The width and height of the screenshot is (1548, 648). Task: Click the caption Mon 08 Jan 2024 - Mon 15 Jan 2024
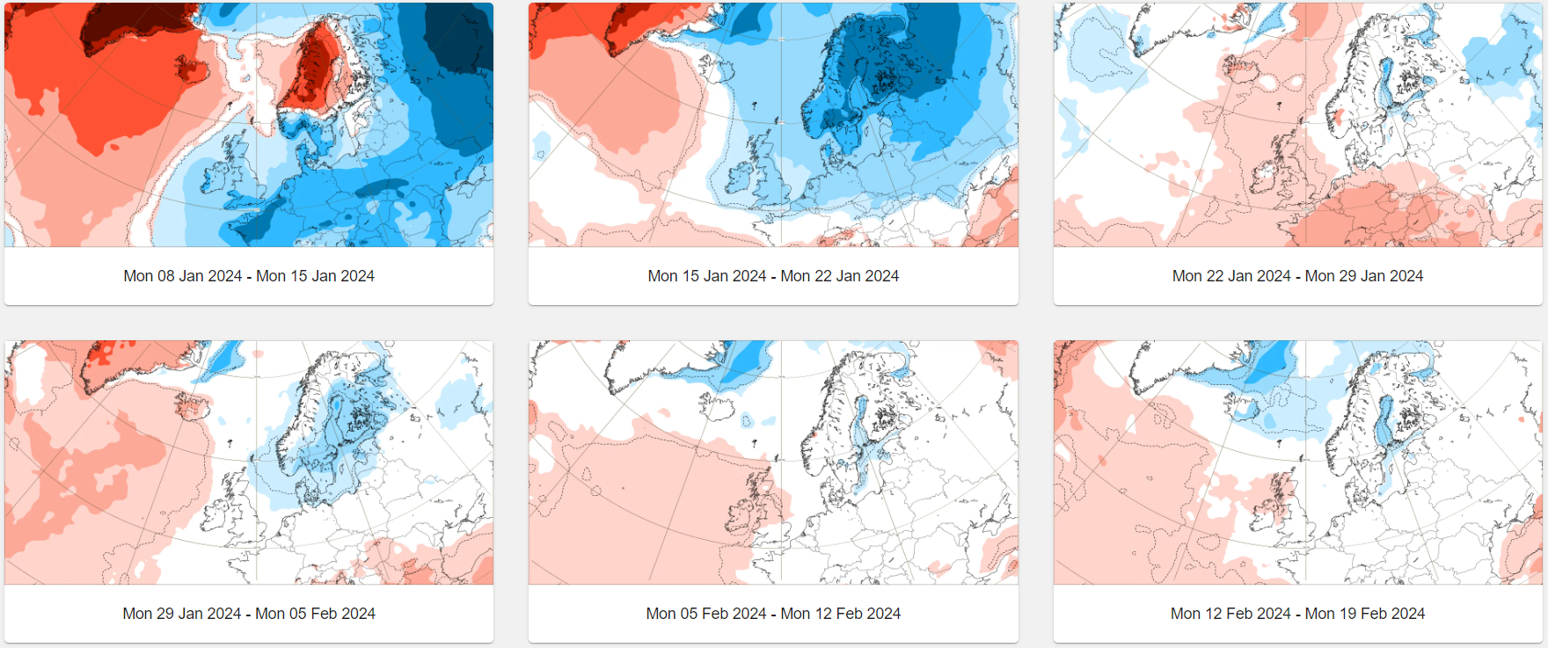pos(249,276)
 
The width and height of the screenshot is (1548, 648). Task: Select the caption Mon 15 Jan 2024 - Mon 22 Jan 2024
pos(773,276)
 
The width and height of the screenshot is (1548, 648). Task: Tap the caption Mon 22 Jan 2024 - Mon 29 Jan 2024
pos(1297,276)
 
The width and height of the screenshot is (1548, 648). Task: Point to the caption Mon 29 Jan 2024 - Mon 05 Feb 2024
pos(249,614)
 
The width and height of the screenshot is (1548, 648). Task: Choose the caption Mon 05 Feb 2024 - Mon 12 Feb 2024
pos(773,614)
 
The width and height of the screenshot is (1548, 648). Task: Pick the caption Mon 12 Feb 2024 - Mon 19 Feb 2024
pos(1297,614)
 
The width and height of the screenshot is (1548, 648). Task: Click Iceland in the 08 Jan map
pos(192,69)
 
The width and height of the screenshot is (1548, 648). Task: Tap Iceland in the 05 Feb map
pos(714,405)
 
